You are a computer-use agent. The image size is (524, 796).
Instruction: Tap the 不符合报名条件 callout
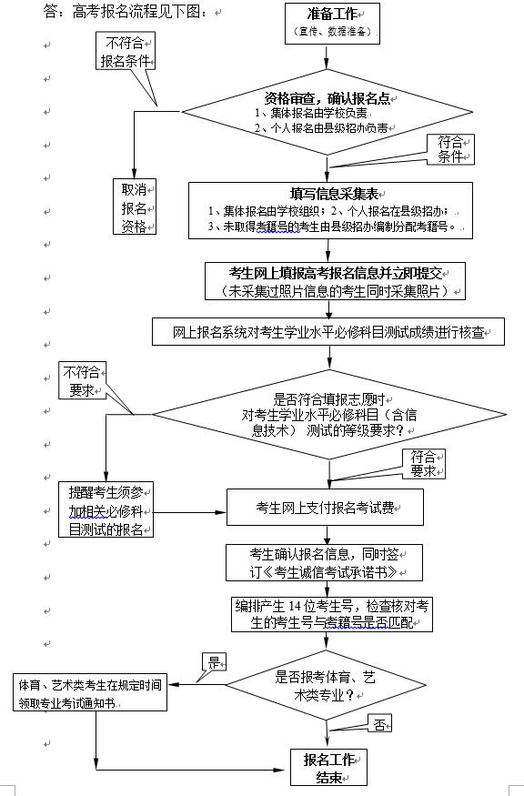click(x=126, y=53)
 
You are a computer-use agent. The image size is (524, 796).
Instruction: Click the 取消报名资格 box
click(x=135, y=207)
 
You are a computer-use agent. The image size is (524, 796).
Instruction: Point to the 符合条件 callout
click(x=450, y=147)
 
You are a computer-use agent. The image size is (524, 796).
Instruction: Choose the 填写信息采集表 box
click(x=328, y=210)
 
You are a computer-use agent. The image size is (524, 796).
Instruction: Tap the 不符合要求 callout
click(x=83, y=381)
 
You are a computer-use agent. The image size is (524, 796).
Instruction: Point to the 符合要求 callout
click(x=425, y=463)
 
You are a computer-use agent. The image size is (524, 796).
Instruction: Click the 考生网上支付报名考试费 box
click(x=325, y=507)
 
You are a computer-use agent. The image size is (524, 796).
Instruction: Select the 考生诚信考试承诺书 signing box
click(x=325, y=563)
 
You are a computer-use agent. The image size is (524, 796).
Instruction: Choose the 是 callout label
click(x=215, y=661)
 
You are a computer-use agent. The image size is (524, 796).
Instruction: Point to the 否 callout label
click(x=378, y=724)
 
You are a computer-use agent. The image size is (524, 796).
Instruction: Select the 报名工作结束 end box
click(x=328, y=767)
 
